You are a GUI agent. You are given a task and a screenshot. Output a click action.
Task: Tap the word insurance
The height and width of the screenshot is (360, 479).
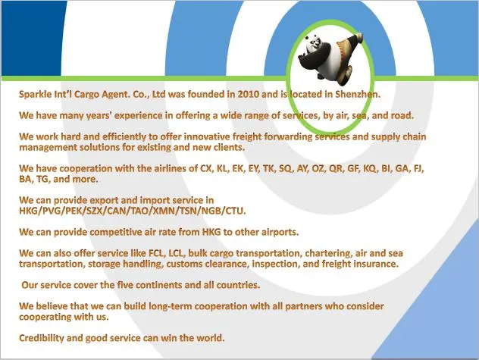tap(375, 264)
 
